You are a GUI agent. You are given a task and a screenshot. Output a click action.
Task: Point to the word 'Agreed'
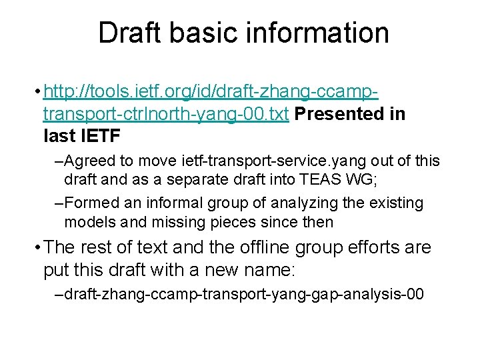coord(89,161)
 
